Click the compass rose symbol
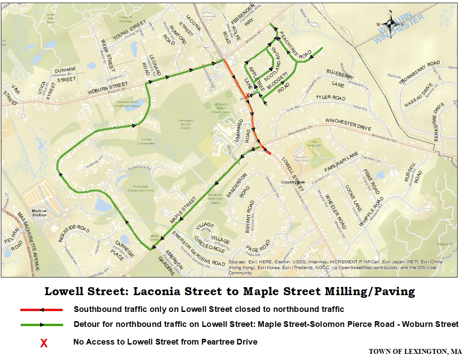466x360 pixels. click(390, 25)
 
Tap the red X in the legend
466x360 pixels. click(44, 342)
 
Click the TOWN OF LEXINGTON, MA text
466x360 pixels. click(415, 352)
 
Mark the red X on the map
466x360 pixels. click(247, 96)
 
